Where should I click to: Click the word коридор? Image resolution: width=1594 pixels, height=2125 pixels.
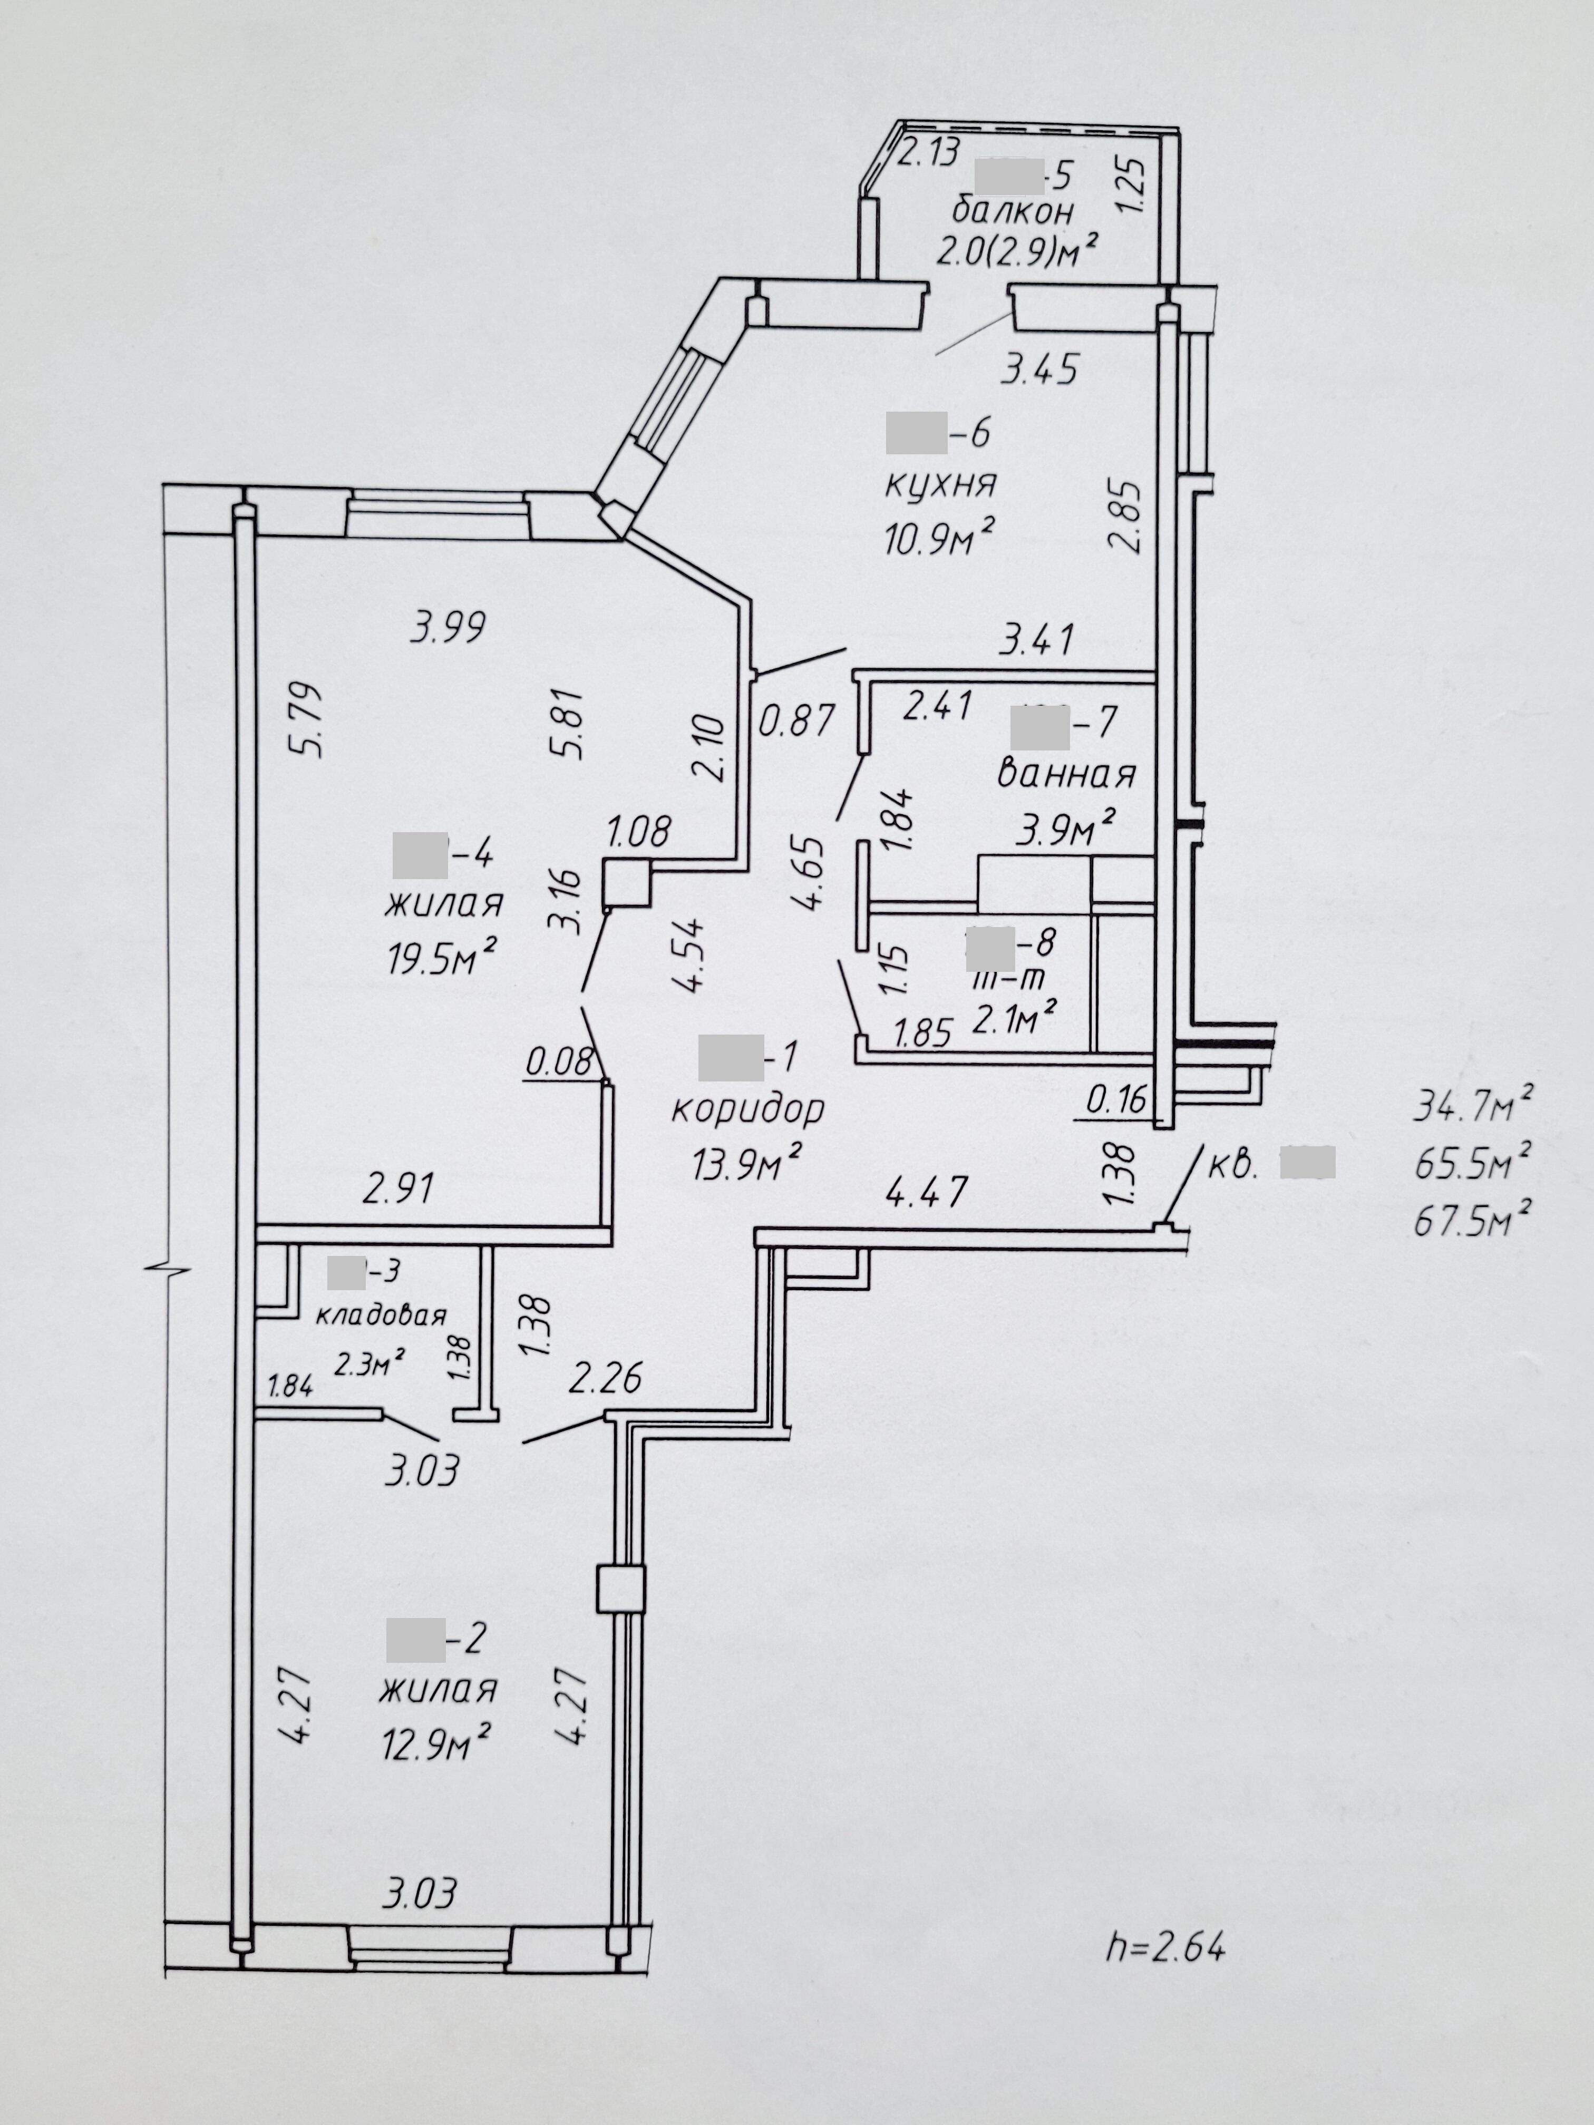(747, 1109)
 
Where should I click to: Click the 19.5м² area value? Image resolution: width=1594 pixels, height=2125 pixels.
(442, 958)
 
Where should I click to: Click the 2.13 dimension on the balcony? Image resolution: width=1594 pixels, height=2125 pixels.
(928, 153)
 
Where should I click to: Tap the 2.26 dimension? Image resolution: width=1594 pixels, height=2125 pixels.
(605, 1379)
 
